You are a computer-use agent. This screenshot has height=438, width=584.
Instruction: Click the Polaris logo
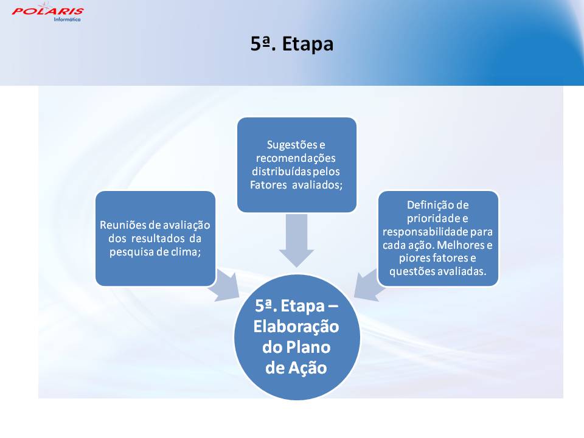(47, 12)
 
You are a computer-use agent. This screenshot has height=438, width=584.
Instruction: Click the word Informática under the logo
(67, 19)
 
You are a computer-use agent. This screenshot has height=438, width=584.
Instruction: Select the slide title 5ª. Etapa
(291, 44)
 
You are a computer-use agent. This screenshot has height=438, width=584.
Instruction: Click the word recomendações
(296, 158)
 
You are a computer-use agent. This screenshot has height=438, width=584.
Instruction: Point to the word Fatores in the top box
(268, 185)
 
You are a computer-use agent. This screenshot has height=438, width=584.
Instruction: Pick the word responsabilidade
(425, 232)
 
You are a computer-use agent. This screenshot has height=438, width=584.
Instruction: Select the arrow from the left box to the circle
(224, 285)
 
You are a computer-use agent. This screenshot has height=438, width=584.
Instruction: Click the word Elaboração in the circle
(296, 327)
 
